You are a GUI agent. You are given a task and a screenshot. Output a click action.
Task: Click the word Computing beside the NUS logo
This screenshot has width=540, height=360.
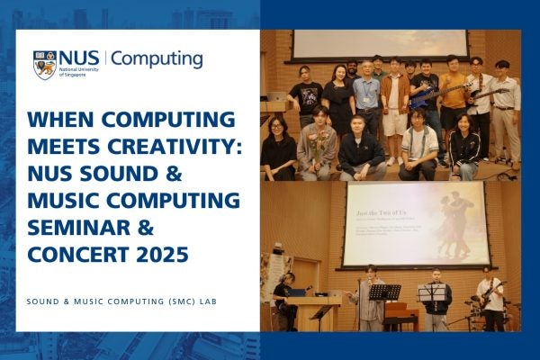[x=157, y=59]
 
